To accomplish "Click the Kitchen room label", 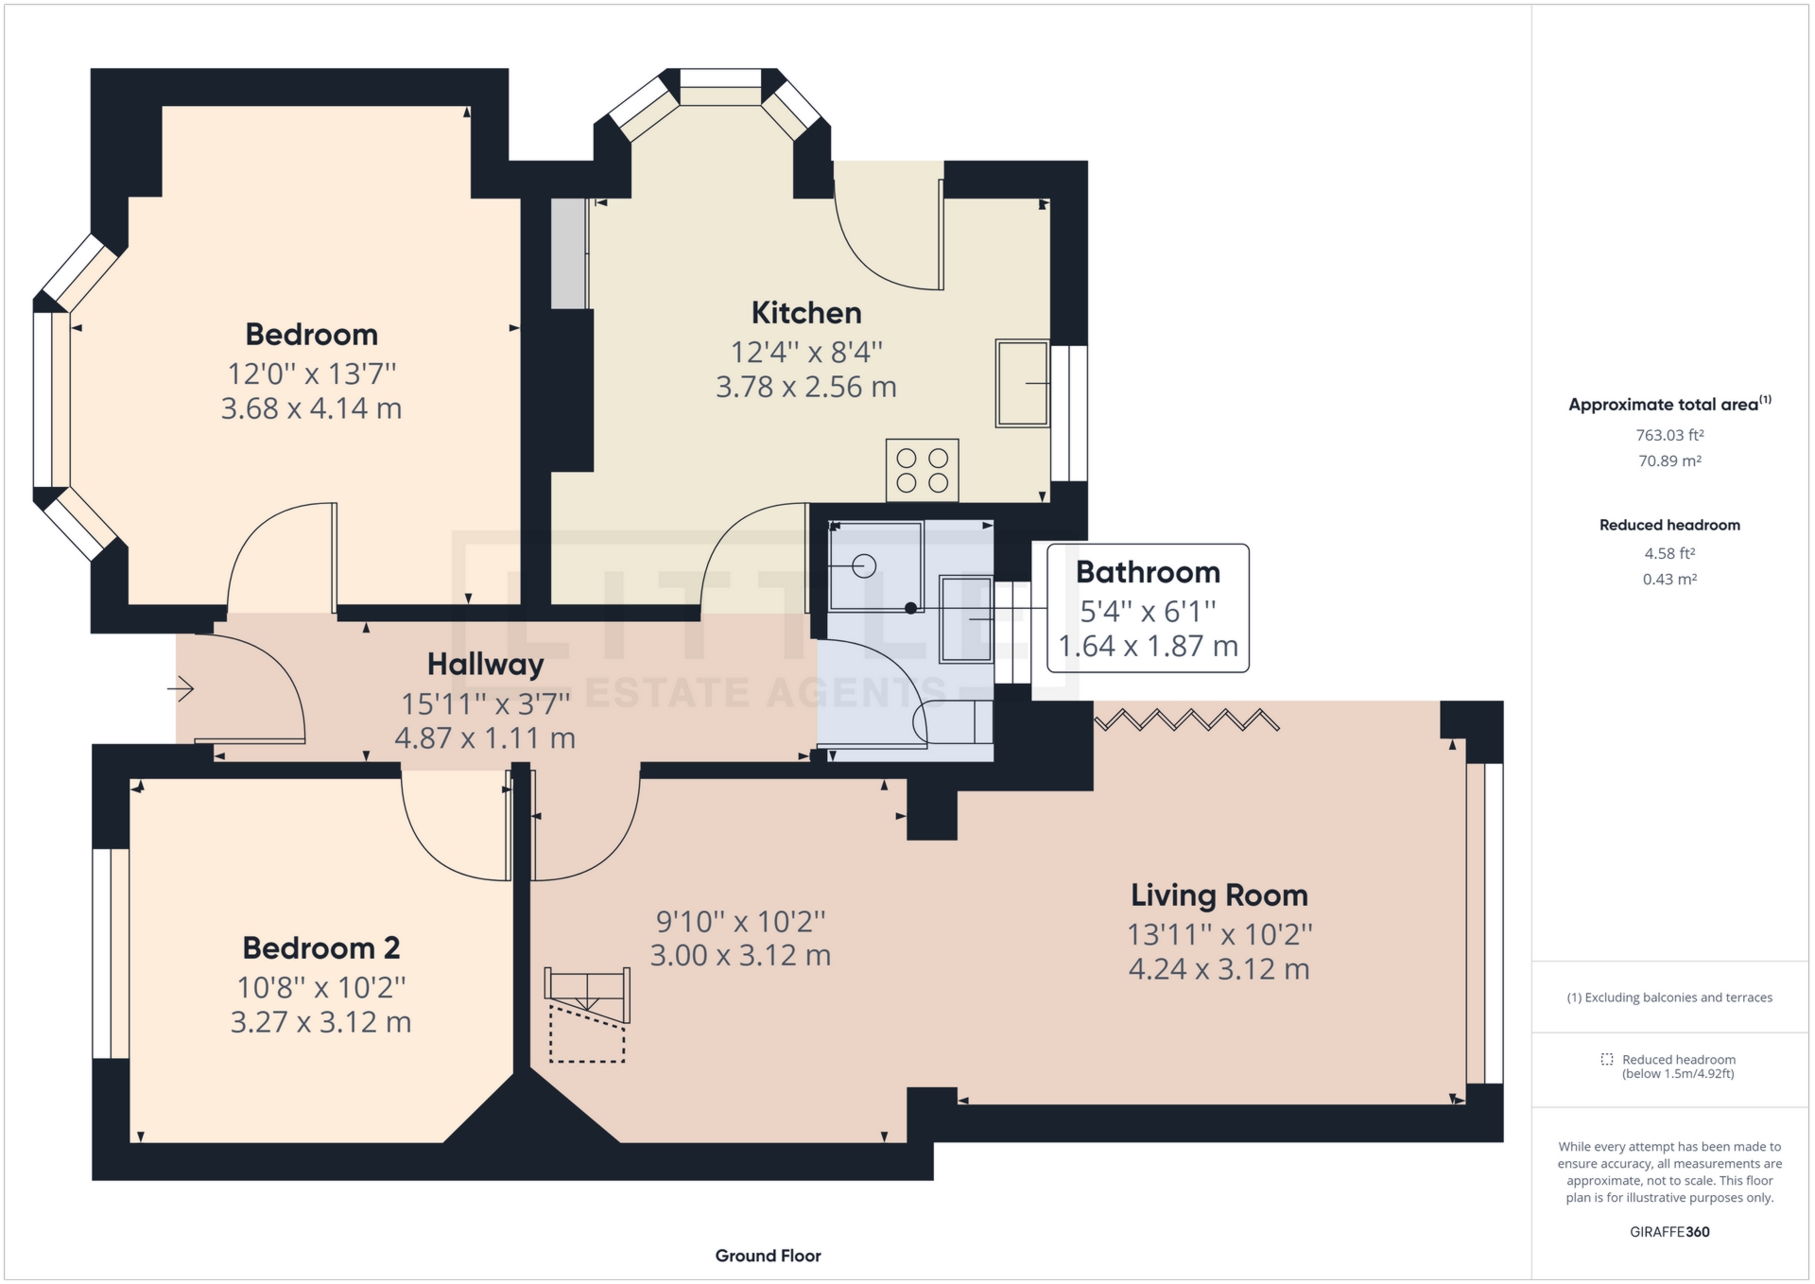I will [805, 313].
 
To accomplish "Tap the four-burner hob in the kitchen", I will [922, 470].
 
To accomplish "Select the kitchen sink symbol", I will [1022, 383].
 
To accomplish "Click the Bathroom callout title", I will [1148, 572].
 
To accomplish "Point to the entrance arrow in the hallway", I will [181, 688].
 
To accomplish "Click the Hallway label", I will [485, 664].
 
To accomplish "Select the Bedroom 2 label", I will [320, 947].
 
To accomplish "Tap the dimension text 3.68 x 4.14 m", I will [311, 408].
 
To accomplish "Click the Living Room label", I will [1219, 894].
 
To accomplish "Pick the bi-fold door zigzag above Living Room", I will [1186, 720].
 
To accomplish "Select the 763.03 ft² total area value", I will [1669, 435].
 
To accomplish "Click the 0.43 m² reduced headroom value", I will [1669, 579].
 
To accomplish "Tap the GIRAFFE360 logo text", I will [1669, 1231].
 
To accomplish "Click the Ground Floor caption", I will [768, 1256].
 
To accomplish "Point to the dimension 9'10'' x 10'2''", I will [740, 920].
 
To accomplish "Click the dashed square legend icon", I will [1606, 1059].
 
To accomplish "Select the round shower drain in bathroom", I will [864, 566].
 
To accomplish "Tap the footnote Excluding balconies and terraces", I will [1669, 998].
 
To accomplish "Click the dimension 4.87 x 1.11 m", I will [485, 738].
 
